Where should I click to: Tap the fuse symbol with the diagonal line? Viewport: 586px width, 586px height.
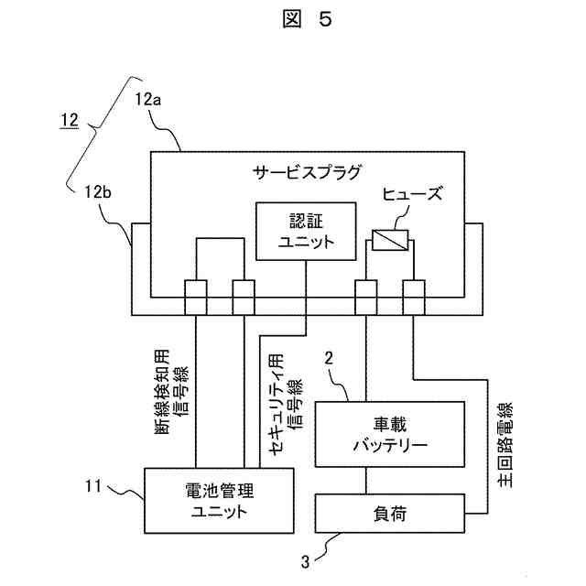(x=390, y=240)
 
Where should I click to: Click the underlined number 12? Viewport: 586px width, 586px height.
(x=71, y=119)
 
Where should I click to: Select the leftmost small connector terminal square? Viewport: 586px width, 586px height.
(x=196, y=297)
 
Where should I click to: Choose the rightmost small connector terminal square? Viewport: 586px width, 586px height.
(x=413, y=297)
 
